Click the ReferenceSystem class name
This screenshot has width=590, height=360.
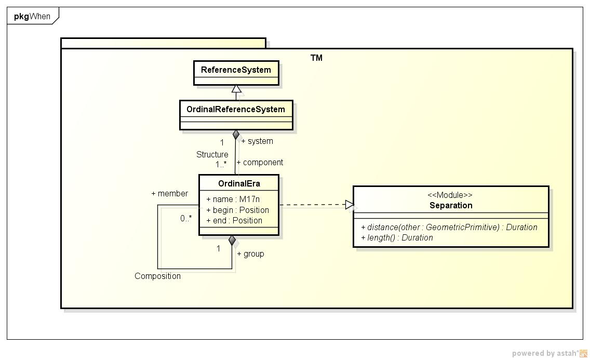(x=236, y=70)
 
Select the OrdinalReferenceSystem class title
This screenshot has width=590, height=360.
(x=236, y=109)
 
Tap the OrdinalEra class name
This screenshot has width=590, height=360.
(x=239, y=183)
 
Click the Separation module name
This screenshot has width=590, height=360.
(x=451, y=205)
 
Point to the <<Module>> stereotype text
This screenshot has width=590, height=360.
(x=450, y=195)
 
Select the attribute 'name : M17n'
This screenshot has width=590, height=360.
(x=233, y=199)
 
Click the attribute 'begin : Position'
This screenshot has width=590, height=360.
(x=237, y=210)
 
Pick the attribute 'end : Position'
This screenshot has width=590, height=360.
(x=234, y=220)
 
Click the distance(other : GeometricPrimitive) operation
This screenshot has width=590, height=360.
(x=449, y=227)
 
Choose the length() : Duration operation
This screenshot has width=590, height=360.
(x=397, y=237)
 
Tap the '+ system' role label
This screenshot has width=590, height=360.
(x=257, y=141)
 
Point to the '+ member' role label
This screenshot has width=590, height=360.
(x=169, y=193)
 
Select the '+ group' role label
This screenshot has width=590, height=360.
(x=250, y=254)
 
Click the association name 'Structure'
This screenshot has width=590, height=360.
(x=212, y=154)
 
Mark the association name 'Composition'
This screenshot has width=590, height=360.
(x=157, y=276)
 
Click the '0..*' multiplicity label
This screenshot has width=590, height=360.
(x=186, y=218)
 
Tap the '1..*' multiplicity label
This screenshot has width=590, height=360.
(x=221, y=164)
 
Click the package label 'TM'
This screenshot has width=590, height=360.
(x=316, y=58)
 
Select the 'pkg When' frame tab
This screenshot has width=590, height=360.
(x=32, y=16)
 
